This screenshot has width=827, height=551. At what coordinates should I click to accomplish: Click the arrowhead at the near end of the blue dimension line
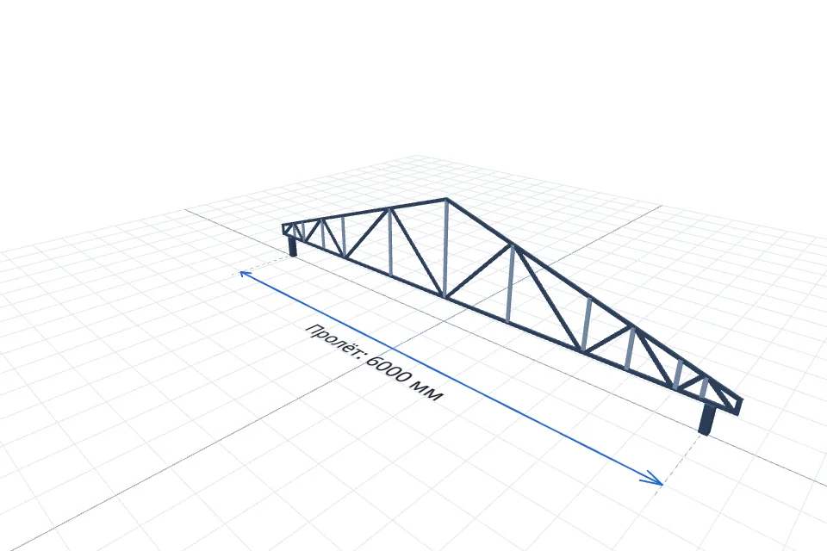[x=656, y=479]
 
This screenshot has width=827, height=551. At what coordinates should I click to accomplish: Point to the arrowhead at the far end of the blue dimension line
[x=244, y=273]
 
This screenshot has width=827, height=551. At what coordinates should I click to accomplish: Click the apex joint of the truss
[x=446, y=200]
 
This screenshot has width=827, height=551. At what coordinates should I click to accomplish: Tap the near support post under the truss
[x=706, y=419]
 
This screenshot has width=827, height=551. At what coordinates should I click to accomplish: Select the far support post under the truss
[x=293, y=247]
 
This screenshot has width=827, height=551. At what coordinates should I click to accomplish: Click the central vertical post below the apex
[x=445, y=249]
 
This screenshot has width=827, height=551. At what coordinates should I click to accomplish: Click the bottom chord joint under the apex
[x=445, y=296]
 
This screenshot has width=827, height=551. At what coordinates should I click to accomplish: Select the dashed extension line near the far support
[x=264, y=264]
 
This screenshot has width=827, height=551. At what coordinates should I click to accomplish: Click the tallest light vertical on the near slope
[x=510, y=283]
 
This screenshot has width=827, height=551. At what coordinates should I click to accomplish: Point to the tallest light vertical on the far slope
[x=390, y=242]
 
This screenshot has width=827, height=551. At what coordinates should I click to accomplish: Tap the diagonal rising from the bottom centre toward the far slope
[x=416, y=252]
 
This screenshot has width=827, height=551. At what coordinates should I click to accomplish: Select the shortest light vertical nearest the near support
[x=704, y=387]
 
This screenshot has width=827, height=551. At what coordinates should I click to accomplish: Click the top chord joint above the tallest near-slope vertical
[x=512, y=245]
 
